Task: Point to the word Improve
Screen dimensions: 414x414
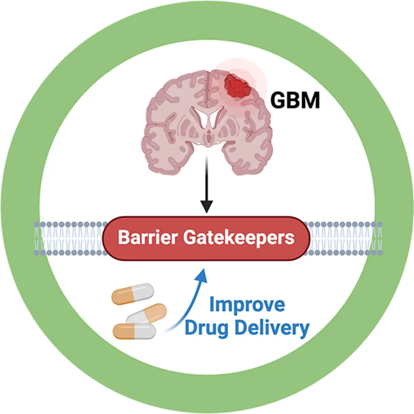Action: (247, 305)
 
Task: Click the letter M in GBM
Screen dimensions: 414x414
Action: (310, 101)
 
